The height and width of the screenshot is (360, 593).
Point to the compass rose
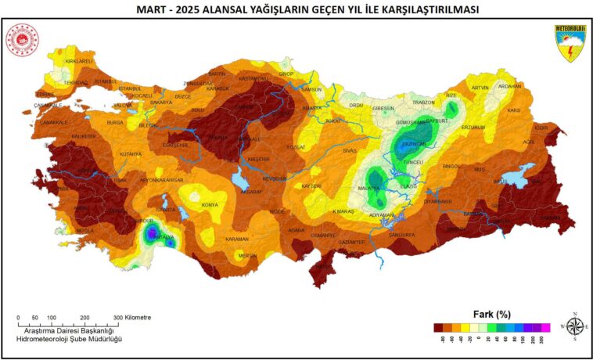tap(574, 326)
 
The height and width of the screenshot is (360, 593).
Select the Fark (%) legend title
tap(491, 313)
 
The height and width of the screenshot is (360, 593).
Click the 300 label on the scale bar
tap(117, 318)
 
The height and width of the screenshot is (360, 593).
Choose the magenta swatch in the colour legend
tap(546, 327)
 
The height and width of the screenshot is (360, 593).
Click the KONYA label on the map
tap(210, 205)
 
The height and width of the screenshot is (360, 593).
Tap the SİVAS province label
tap(349, 149)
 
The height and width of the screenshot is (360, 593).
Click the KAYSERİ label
tap(311, 186)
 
